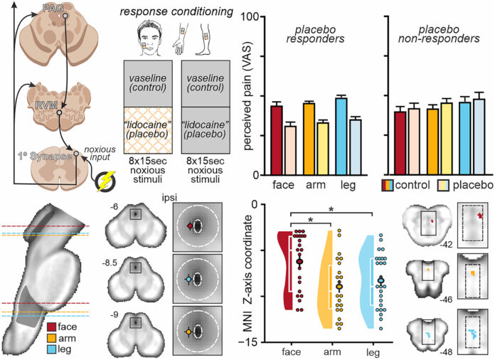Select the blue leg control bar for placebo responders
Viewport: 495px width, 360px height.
(x=341, y=135)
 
